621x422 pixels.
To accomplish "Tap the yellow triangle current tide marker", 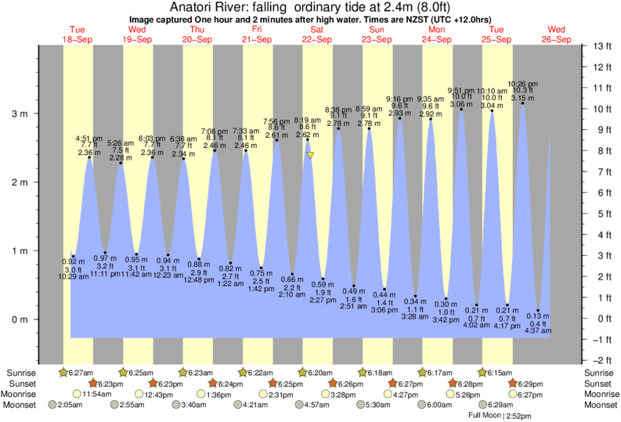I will tap(311, 155).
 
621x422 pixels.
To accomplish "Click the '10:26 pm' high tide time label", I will tap(522, 83).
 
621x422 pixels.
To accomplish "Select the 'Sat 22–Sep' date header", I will tap(316, 35).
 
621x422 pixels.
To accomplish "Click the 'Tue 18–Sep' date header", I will tap(78, 35).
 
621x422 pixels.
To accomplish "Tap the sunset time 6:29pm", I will tap(526, 384).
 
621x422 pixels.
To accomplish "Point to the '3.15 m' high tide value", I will tap(522, 99).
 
